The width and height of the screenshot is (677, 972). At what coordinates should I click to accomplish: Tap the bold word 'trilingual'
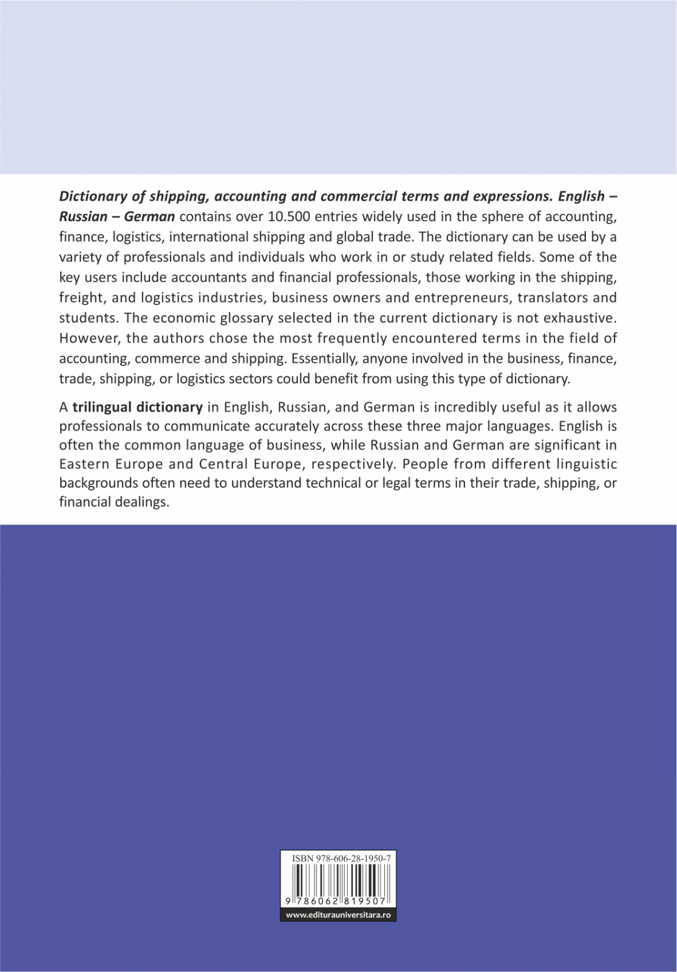[x=103, y=407]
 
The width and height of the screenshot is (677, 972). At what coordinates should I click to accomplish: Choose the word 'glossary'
[x=248, y=318]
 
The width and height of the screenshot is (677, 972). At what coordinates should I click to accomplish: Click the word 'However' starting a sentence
[x=86, y=338]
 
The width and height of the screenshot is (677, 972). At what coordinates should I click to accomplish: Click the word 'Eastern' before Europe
[x=86, y=464]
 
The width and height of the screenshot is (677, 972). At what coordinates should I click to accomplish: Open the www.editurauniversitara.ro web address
[x=338, y=915]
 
